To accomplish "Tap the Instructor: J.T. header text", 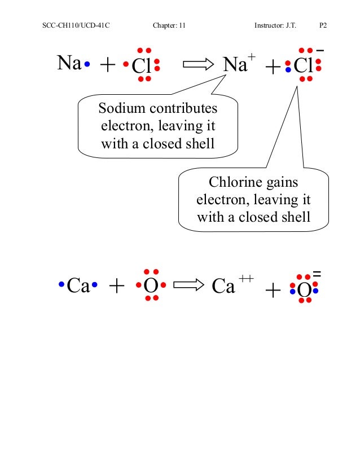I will point(278,27).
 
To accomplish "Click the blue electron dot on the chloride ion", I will point(288,71).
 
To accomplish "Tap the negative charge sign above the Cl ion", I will point(320,51).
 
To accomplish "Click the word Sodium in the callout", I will point(120,108).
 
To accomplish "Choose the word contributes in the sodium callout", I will point(183,108).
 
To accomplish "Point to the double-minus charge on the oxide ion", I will point(317,273).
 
